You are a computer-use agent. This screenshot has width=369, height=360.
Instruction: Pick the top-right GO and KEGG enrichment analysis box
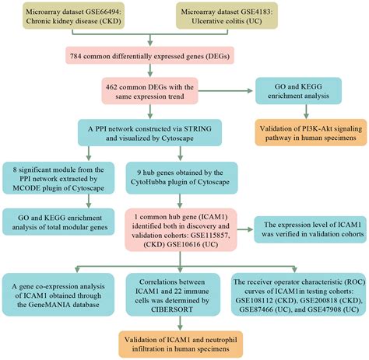coord(306,96)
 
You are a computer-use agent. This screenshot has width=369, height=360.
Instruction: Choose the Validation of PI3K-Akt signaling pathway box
coord(306,135)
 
